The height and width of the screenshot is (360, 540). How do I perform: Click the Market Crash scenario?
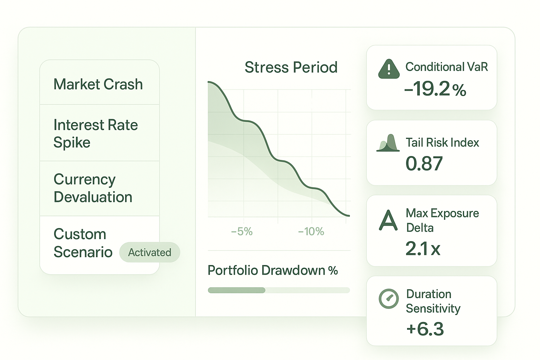tap(98, 84)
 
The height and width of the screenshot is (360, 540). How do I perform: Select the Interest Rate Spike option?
tap(95, 134)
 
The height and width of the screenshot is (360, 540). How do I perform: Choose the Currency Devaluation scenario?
tap(93, 188)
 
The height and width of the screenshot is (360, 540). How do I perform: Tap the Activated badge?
tap(149, 252)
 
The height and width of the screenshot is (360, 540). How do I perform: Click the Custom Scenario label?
tap(83, 243)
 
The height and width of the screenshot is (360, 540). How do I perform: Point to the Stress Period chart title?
tap(291, 67)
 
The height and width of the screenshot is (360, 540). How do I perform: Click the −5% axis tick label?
tap(242, 231)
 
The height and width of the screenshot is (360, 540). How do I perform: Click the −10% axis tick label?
tap(311, 231)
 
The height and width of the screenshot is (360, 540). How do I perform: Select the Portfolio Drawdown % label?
tap(272, 270)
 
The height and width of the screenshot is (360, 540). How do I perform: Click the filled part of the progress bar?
tap(236, 290)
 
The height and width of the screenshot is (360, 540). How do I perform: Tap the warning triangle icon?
tap(388, 69)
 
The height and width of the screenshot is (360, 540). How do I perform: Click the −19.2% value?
tap(435, 89)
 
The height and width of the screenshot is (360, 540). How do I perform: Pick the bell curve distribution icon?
tap(388, 143)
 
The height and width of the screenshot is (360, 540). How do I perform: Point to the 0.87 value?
tap(424, 164)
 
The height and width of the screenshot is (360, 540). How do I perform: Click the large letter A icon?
tap(388, 220)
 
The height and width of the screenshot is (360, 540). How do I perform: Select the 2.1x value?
tap(423, 249)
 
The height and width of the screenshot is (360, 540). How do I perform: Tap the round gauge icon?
tap(388, 298)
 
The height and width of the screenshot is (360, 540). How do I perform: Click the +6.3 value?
tap(425, 329)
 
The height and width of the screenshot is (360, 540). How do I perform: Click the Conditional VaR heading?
tap(446, 67)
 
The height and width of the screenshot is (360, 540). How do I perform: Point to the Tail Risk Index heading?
tap(442, 142)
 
